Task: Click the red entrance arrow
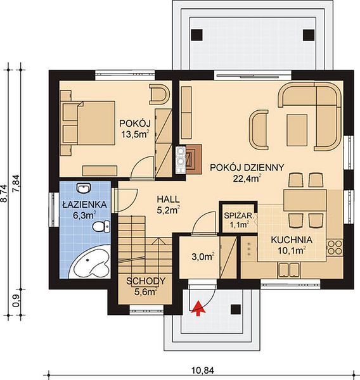coord(198,308)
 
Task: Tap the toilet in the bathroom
coord(101,227)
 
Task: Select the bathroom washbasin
coord(83,188)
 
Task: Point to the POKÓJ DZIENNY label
coord(247,167)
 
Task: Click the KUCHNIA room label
coord(292,240)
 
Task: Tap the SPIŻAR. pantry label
coord(239,215)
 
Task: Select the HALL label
coord(169,199)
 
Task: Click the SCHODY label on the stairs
coord(146,281)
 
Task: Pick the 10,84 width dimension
coord(203,370)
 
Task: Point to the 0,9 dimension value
coord(16,302)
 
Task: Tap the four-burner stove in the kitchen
coord(335,248)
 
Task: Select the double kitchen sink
coord(288,270)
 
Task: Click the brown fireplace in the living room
coord(193,159)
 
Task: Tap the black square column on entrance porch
coord(235,310)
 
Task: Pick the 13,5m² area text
coord(134,134)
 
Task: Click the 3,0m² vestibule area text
coord(203,256)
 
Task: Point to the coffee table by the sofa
coord(297,130)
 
